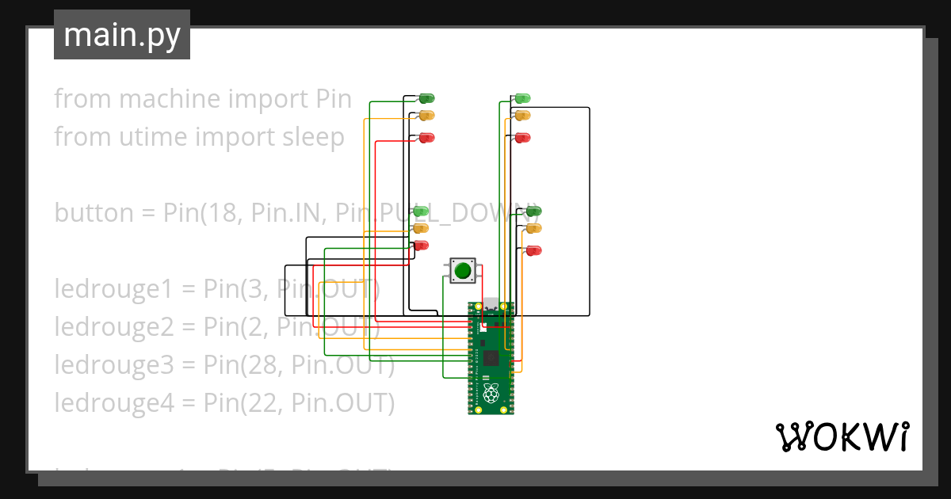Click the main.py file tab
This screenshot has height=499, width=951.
pos(122,35)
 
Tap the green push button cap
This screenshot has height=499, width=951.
pos(463,271)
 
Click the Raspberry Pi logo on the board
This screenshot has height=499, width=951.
pos(491,392)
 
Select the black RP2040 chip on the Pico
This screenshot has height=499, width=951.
pos(491,357)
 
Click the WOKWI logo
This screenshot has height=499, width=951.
pos(842,436)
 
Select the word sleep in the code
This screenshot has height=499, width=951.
pos(314,137)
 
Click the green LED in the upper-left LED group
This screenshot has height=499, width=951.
pos(427,98)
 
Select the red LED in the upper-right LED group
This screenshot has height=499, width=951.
pos(522,138)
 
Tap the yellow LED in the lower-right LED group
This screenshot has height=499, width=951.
pos(534,228)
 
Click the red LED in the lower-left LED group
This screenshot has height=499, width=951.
pos(421,245)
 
